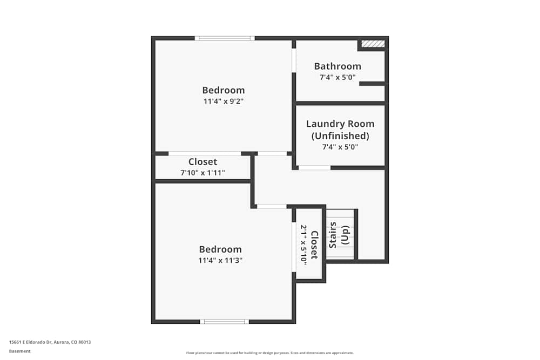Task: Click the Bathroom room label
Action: point(337,66)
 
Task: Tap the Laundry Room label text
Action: point(340,124)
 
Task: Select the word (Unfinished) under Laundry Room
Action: point(340,135)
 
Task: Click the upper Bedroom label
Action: point(223,90)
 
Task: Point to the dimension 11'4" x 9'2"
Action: point(223,101)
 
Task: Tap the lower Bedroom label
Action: point(220,249)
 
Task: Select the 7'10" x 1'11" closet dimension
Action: point(202,173)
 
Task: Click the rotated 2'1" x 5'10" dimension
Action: point(303,244)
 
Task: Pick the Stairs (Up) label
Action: point(340,235)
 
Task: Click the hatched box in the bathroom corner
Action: point(373,43)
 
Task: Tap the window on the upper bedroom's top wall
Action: point(225,38)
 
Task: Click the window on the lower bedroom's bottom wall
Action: point(225,322)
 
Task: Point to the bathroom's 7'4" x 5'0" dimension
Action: point(337,77)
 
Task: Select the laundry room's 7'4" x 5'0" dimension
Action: point(340,146)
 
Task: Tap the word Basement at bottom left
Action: point(20,351)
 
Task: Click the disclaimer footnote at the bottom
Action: point(270,353)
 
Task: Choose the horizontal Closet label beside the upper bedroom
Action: point(202,162)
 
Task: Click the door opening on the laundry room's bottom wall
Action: point(314,168)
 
